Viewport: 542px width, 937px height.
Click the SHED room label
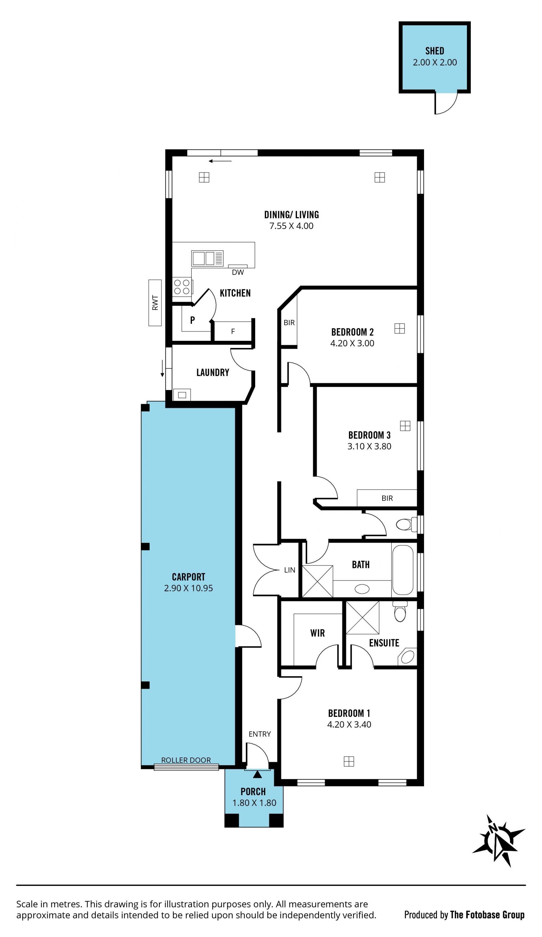(434, 51)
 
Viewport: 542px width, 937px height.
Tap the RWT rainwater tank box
(155, 303)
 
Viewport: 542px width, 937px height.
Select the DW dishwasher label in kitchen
(238, 272)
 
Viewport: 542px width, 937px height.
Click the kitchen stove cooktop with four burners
(182, 287)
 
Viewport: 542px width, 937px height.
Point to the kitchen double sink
(207, 258)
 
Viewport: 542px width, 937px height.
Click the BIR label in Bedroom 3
(387, 498)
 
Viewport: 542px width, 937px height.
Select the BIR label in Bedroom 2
(289, 323)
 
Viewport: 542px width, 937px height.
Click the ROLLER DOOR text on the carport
(186, 760)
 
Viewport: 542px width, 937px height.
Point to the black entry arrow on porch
(257, 774)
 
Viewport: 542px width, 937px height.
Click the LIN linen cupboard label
(289, 570)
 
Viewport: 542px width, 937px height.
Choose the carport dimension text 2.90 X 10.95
(188, 588)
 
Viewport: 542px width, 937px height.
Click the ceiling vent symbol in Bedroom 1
(349, 761)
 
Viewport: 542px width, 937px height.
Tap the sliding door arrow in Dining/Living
(220, 161)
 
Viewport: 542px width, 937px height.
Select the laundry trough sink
(182, 395)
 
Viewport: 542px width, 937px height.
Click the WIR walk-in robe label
(317, 633)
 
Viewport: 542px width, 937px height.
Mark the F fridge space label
(233, 331)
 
